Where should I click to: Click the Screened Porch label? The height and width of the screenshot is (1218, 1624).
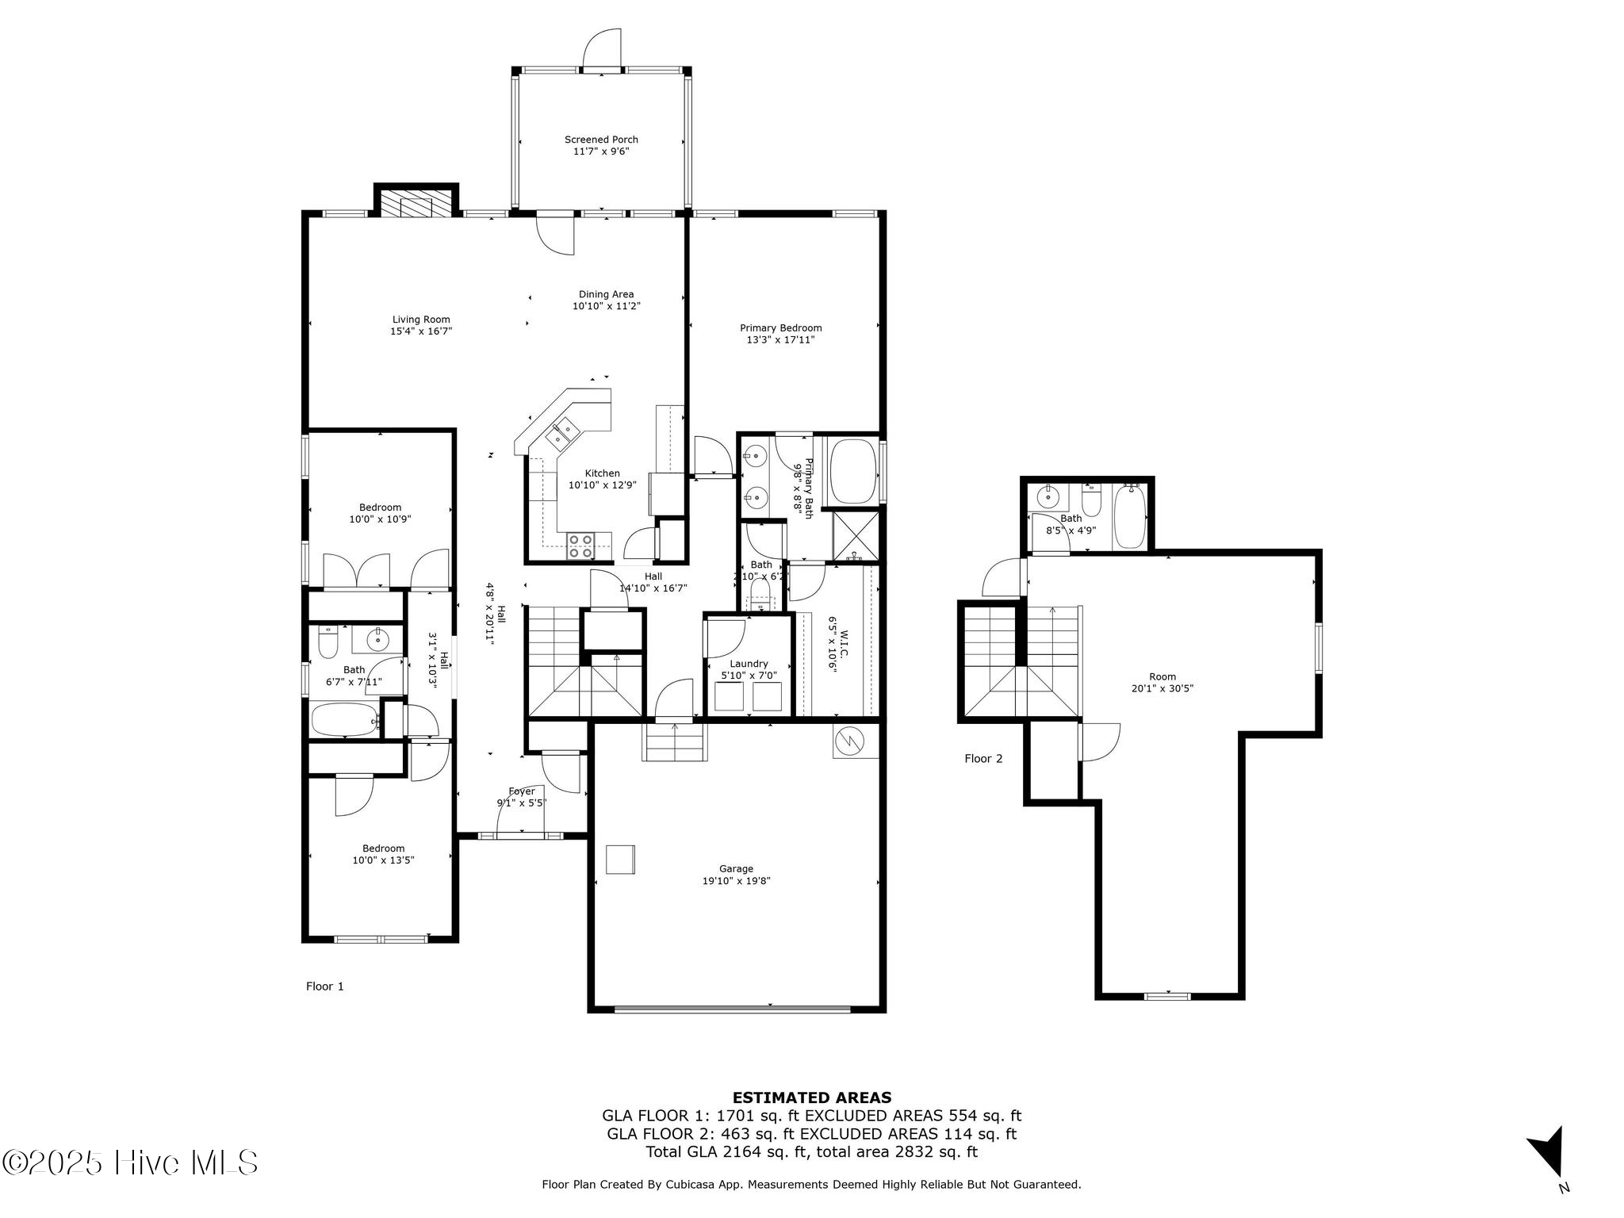601,140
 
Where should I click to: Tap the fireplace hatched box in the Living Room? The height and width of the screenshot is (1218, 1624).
416,203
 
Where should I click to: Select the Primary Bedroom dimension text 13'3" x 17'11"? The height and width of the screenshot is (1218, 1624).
780,340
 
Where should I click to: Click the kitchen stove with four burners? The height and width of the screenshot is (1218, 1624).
580,546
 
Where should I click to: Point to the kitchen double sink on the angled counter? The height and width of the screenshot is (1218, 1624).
564,432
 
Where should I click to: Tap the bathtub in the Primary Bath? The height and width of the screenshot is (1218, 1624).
852,472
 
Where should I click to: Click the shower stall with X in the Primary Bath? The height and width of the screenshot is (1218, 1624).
856,537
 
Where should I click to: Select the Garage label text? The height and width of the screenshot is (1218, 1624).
736,868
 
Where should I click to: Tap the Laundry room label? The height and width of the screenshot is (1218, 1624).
749,664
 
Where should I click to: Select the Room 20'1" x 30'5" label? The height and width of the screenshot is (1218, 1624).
1162,683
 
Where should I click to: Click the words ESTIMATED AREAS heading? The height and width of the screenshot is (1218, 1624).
811,1098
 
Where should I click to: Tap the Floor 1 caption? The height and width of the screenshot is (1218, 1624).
325,986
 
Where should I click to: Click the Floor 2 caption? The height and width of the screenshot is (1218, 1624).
983,759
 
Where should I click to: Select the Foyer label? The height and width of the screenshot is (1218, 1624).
522,791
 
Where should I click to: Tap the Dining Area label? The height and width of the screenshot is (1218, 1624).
606,294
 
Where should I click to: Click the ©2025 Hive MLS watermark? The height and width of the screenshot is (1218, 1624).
130,1163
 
